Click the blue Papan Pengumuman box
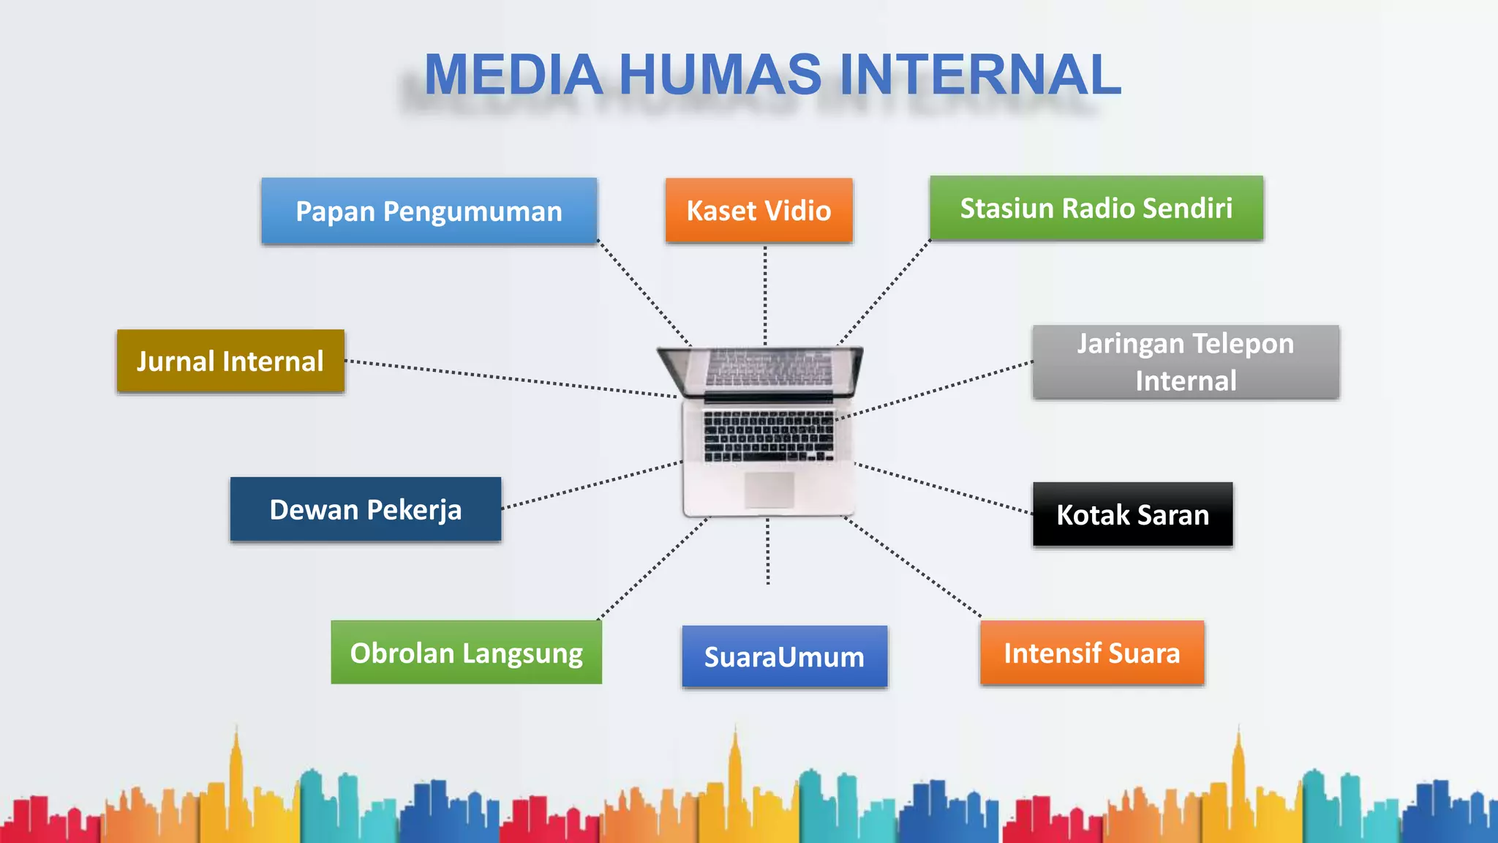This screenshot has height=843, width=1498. coord(429,211)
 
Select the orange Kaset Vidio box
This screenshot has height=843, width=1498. coord(759,211)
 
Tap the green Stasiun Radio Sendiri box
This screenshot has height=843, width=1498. coord(1096,209)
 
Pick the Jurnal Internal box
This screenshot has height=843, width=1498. coord(230,361)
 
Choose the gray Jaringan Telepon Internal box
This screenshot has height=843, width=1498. coord(1185,362)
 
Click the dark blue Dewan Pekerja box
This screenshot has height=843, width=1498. coord(366,509)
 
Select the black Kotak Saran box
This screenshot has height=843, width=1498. coord(1132,514)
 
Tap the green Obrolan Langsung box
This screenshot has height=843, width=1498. coord(466,653)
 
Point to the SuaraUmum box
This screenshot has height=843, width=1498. coord(784,656)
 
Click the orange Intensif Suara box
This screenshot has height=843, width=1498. coord(1091,653)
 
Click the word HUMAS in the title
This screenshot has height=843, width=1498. coord(720,75)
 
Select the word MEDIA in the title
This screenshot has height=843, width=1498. coord(513,75)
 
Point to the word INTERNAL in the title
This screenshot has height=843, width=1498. coord(980,75)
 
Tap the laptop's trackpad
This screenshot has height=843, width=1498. coord(769,489)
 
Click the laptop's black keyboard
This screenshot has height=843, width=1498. coord(768,436)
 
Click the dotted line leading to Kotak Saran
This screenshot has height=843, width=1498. coord(944,488)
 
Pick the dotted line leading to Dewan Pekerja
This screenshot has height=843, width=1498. coord(592,484)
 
